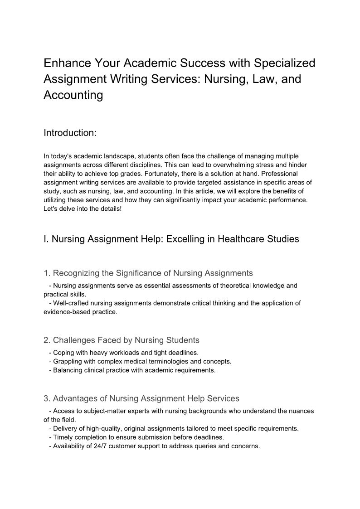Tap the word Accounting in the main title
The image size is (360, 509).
click(x=73, y=95)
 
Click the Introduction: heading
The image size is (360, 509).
click(x=70, y=133)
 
